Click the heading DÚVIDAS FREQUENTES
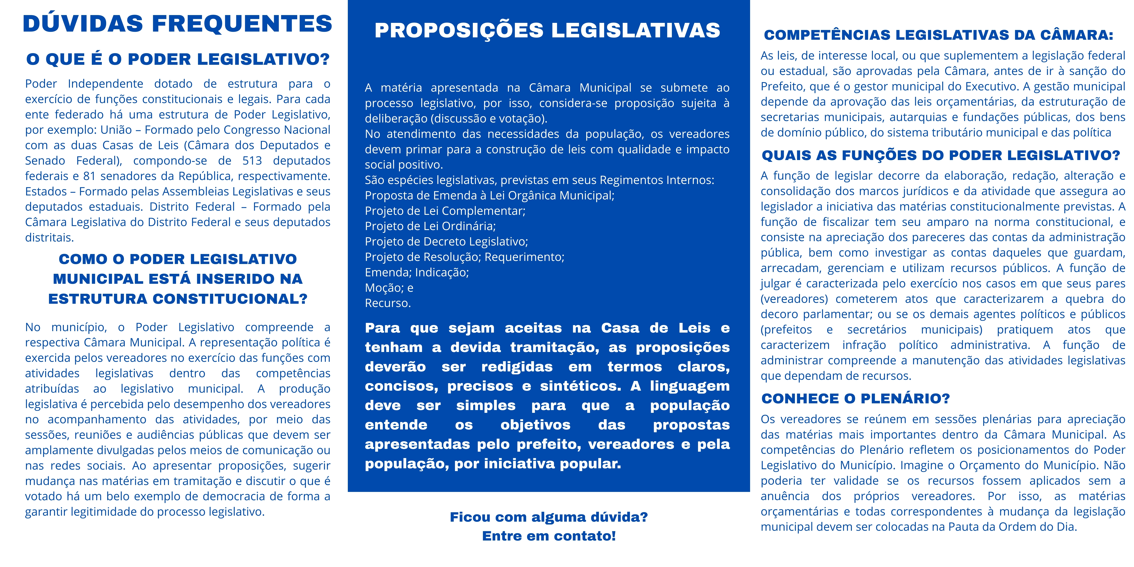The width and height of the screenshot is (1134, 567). click(x=177, y=24)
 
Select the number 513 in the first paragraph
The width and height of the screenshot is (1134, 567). click(x=252, y=161)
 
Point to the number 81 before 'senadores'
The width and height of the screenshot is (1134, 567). click(x=89, y=176)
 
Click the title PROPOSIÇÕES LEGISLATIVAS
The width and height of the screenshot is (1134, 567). click(x=547, y=30)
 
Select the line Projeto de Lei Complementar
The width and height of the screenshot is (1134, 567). click(x=445, y=211)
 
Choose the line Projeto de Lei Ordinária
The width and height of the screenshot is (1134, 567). click(x=430, y=226)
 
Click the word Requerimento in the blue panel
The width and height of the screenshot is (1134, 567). click(x=524, y=257)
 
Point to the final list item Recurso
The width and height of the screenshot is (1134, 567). click(x=387, y=303)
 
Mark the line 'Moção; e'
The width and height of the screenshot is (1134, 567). click(x=389, y=288)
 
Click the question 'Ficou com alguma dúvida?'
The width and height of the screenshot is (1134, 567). click(x=548, y=517)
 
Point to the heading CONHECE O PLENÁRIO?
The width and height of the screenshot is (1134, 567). click(x=855, y=398)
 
